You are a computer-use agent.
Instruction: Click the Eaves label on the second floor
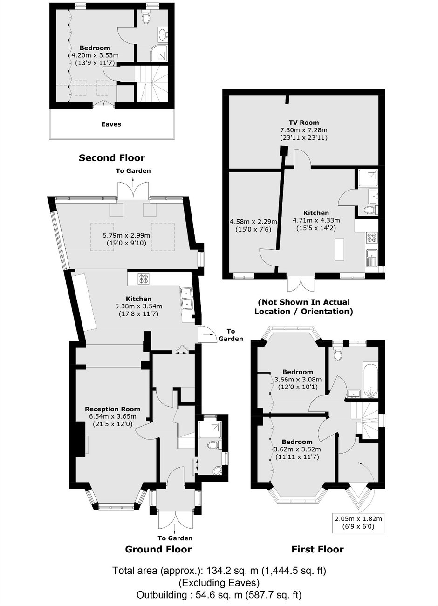(x=111, y=124)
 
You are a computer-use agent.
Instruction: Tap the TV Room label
(x=303, y=123)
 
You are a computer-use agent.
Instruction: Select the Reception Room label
(x=112, y=409)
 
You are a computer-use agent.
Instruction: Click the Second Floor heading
(x=111, y=158)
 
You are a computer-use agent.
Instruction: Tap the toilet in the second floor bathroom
(x=146, y=17)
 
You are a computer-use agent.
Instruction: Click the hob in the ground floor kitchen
(x=144, y=279)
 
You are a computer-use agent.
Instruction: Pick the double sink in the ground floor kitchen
(x=187, y=299)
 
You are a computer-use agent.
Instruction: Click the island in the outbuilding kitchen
(x=340, y=250)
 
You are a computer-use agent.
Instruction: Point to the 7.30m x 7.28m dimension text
(x=303, y=130)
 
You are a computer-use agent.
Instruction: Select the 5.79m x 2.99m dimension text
(x=126, y=235)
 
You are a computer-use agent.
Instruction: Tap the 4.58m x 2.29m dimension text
(x=253, y=222)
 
